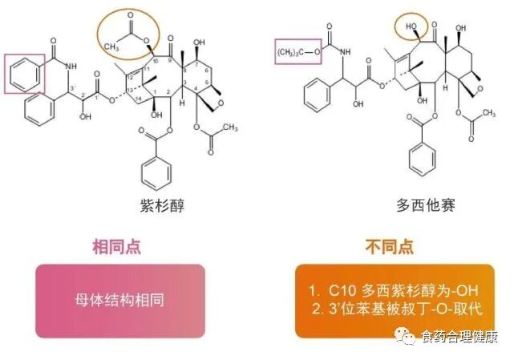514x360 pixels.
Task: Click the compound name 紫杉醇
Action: (x=159, y=206)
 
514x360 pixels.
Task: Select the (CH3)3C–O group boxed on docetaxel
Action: (x=297, y=53)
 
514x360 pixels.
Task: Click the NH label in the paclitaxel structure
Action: (x=71, y=66)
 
